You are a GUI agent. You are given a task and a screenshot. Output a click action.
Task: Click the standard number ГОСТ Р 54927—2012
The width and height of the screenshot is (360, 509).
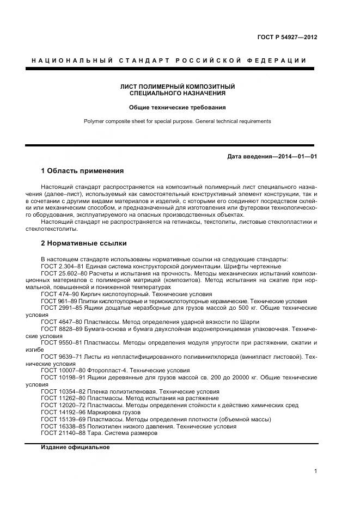tap(287, 38)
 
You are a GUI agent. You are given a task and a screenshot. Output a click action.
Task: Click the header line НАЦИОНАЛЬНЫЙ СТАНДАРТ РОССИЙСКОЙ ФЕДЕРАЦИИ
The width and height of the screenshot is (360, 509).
tap(169, 60)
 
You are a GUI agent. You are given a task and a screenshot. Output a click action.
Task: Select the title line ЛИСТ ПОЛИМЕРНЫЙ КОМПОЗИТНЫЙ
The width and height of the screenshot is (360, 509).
tap(178, 87)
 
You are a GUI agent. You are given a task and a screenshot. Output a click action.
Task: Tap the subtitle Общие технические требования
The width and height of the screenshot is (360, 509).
tap(178, 107)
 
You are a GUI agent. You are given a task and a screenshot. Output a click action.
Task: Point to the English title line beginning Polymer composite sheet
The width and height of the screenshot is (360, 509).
tap(178, 121)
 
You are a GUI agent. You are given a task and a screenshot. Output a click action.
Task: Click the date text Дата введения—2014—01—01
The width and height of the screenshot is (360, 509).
tap(272, 157)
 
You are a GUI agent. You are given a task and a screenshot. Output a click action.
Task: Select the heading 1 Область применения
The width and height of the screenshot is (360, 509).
tap(82, 170)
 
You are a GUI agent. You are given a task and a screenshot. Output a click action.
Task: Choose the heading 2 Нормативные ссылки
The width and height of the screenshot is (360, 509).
tap(84, 243)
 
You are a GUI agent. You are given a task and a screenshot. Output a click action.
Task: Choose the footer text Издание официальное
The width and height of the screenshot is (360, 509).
tap(75, 447)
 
